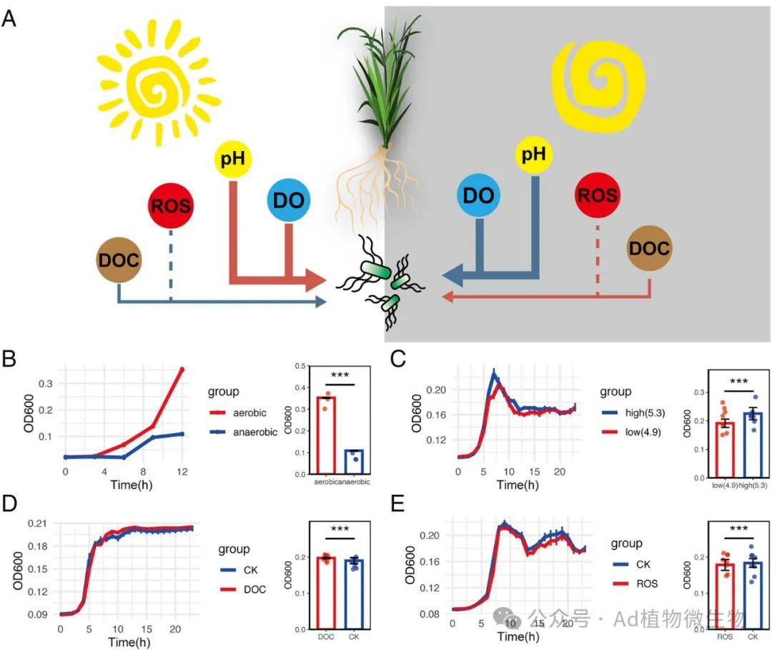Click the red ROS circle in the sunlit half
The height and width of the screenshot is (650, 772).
pyautogui.click(x=170, y=207)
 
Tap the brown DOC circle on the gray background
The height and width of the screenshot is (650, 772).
pyautogui.click(x=649, y=248)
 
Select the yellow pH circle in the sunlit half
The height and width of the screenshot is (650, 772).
pyautogui.click(x=233, y=159)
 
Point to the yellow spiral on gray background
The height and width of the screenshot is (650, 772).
pyautogui.click(x=600, y=78)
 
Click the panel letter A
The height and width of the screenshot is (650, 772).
pyautogui.click(x=9, y=19)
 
